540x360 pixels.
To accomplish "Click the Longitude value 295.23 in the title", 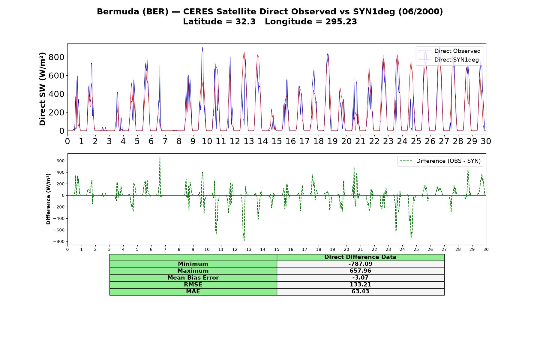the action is (x=341, y=22).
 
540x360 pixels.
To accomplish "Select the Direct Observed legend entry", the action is (x=449, y=51).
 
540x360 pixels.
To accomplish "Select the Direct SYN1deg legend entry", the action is (x=449, y=60).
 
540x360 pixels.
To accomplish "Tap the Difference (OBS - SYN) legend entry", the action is (x=440, y=161).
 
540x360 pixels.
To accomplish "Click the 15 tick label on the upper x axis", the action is (x=277, y=141).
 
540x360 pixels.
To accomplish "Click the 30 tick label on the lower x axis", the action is (x=486, y=249).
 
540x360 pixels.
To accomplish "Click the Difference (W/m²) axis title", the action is (x=48, y=199).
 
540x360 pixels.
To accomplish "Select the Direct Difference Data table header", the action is (x=360, y=257).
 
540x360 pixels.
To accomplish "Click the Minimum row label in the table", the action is (x=193, y=264).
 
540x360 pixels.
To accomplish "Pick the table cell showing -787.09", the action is (x=360, y=264).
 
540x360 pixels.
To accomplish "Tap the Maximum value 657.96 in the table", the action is (x=360, y=271).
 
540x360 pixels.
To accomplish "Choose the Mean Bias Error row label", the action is (x=193, y=278).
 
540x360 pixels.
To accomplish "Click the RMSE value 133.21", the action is (x=360, y=285).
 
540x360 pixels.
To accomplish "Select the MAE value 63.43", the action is (x=360, y=292).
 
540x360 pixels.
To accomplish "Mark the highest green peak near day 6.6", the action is (x=160, y=157).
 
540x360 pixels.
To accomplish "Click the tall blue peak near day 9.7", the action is (x=202, y=47).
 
